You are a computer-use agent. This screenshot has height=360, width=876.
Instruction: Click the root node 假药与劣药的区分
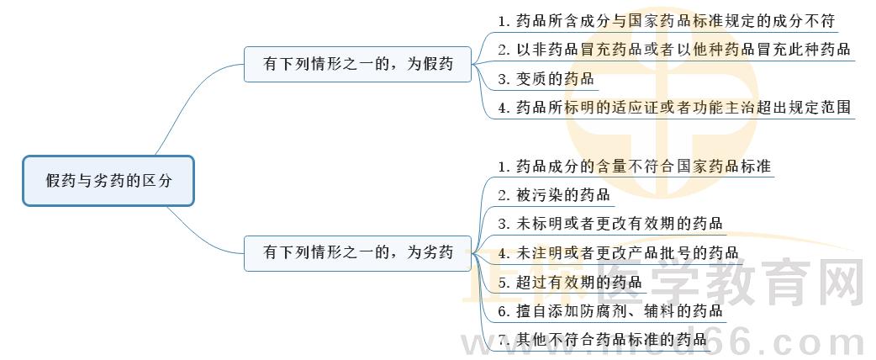point(108,181)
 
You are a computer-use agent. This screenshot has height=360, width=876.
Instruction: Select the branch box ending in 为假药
point(358,64)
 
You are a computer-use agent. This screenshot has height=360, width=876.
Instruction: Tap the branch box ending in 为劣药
point(358,252)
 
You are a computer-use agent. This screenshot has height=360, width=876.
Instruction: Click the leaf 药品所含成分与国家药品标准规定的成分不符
point(671,19)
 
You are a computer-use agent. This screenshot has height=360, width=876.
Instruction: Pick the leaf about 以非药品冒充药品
point(673,49)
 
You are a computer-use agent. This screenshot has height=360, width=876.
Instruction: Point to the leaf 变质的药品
point(546,79)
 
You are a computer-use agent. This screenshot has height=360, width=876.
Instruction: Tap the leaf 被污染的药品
point(553,195)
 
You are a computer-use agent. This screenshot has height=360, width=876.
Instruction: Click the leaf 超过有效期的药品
point(569,283)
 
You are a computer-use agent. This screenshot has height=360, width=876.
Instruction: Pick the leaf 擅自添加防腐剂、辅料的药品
point(610,311)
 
